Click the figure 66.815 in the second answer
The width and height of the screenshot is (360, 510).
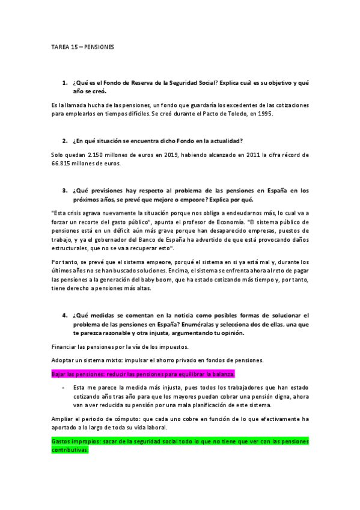[64, 163]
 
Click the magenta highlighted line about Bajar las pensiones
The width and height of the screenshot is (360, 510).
[143, 373]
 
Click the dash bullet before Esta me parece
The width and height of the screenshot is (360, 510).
[64, 387]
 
